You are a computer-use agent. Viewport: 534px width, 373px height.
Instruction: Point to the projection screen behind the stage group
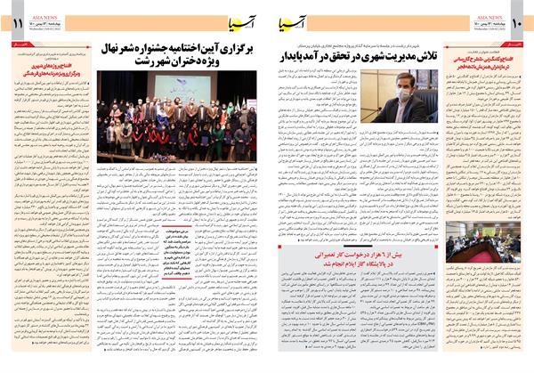190,87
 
